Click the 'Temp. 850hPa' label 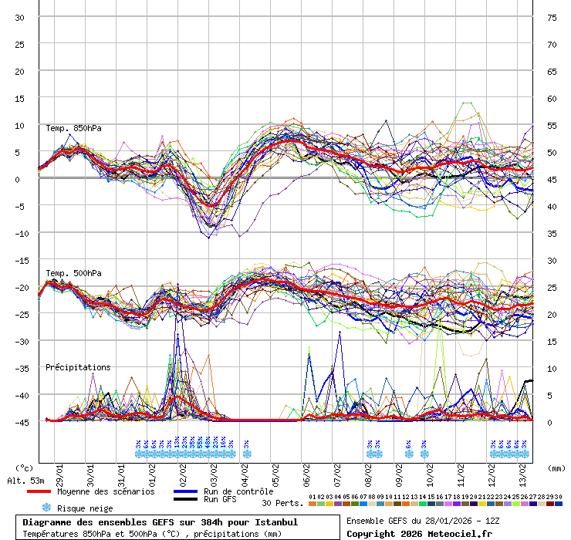[x=73, y=128]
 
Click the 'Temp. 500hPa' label [x=73, y=273]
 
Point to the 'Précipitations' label [x=78, y=367]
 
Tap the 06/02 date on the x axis [x=307, y=468]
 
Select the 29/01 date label [x=59, y=468]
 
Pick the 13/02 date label [x=523, y=468]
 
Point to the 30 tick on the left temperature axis [x=20, y=18]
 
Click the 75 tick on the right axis [x=552, y=18]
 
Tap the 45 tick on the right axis [x=552, y=180]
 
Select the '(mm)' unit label [x=555, y=467]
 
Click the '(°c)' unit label [x=24, y=467]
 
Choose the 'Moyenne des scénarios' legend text [x=106, y=491]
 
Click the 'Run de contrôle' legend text [x=238, y=491]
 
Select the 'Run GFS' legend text [x=220, y=499]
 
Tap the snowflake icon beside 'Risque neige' [x=46, y=508]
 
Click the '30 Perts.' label [x=282, y=503]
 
